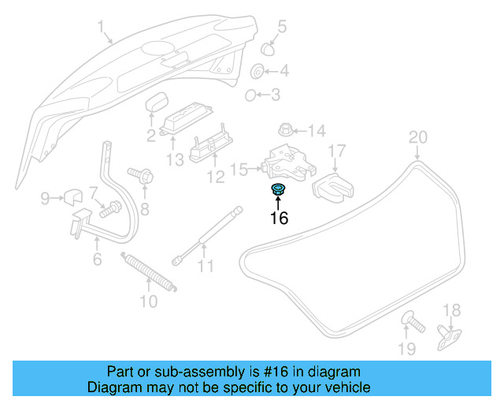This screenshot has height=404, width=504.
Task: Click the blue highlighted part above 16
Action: tap(278, 189)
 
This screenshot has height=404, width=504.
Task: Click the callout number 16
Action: tap(279, 219)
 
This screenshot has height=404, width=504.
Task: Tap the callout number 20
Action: tap(417, 137)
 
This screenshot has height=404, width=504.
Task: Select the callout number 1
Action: tap(101, 30)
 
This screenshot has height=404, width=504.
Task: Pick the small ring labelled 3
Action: tap(250, 95)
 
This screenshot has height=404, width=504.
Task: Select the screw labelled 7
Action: tap(110, 209)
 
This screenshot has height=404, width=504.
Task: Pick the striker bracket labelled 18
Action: tap(449, 336)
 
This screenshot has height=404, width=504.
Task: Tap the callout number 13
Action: tap(174, 159)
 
